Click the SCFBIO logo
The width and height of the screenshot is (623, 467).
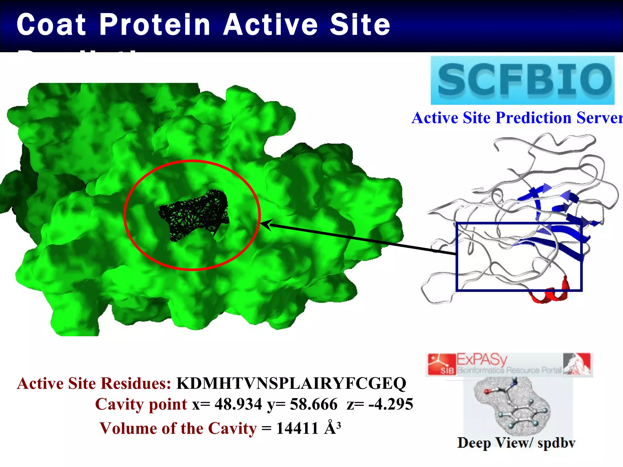522,80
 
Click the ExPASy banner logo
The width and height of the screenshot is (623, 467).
509,364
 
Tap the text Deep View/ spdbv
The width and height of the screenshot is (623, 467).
516,443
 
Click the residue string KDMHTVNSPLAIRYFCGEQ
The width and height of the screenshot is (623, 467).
291,383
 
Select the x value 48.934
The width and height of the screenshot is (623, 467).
238,404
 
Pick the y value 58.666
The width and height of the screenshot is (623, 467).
314,404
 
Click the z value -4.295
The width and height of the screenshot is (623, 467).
391,404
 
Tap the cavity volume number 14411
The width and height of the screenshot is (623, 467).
297,428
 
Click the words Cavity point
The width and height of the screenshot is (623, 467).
141,404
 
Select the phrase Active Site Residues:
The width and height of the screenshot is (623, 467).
94,383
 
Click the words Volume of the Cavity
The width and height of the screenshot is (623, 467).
178,428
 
